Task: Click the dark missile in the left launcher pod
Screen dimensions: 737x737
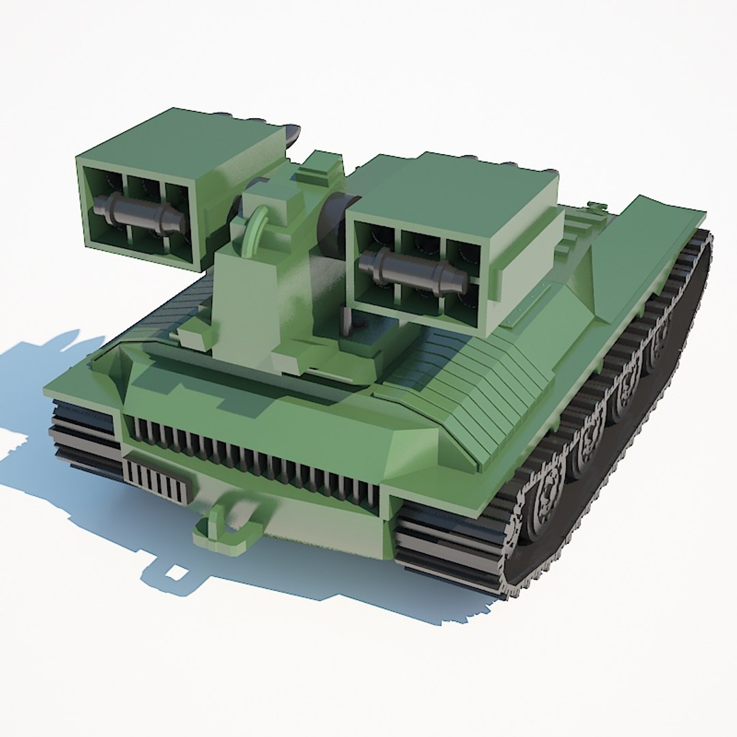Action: [140, 212]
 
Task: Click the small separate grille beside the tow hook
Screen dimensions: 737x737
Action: [156, 481]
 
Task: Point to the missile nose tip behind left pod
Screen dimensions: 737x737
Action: [291, 134]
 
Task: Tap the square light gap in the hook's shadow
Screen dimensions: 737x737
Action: [176, 572]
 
